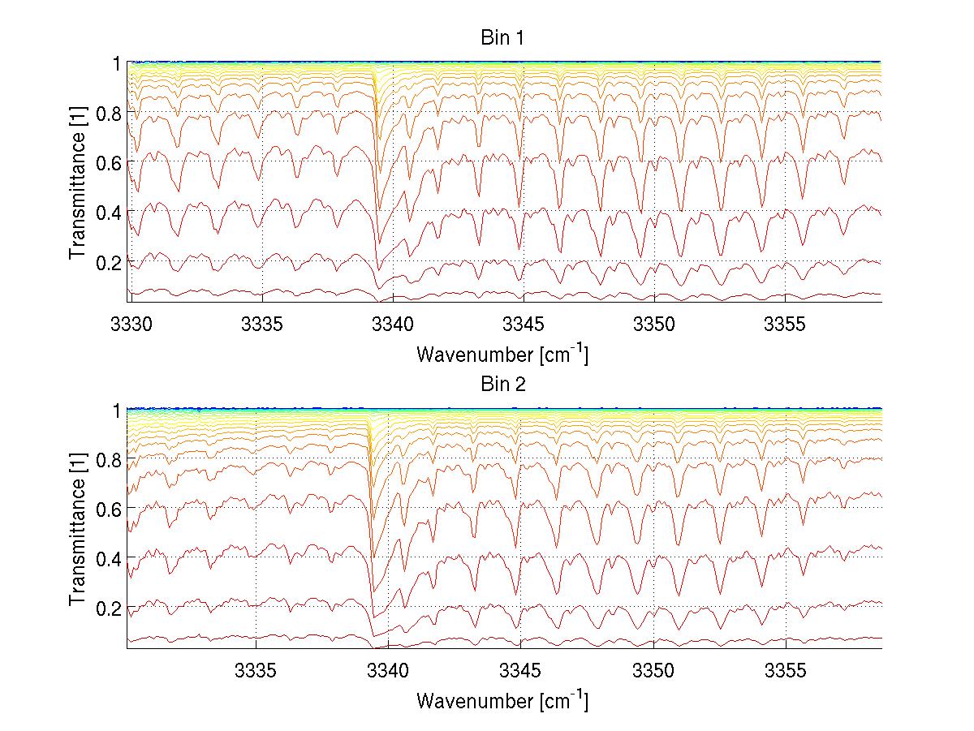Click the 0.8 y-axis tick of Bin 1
108,113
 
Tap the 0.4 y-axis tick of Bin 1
108,212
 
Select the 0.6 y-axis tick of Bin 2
108,508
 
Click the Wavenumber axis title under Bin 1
502,354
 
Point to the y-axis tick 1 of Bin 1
117,62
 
